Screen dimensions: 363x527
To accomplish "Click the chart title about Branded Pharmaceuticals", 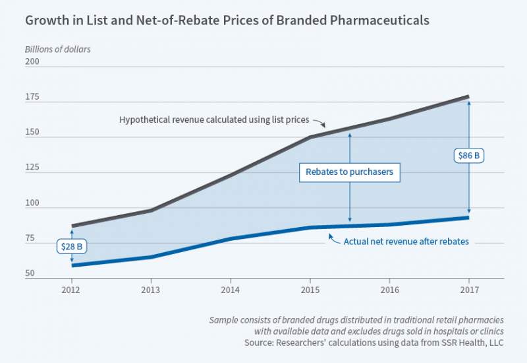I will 227,20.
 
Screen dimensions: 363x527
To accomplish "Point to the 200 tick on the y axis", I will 33,62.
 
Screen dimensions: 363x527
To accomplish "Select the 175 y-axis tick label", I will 33,97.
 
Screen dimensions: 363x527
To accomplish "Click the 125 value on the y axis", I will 33,168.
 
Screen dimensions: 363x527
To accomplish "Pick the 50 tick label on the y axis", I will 31,273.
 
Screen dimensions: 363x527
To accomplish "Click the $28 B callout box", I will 72,246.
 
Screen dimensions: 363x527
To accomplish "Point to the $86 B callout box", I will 468,156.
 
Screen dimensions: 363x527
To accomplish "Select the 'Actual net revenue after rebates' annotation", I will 406,242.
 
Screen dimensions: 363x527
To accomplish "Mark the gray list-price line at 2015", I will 310,137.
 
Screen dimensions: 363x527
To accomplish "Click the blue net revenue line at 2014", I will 231,238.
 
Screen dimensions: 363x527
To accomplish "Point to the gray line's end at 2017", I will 468,97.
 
